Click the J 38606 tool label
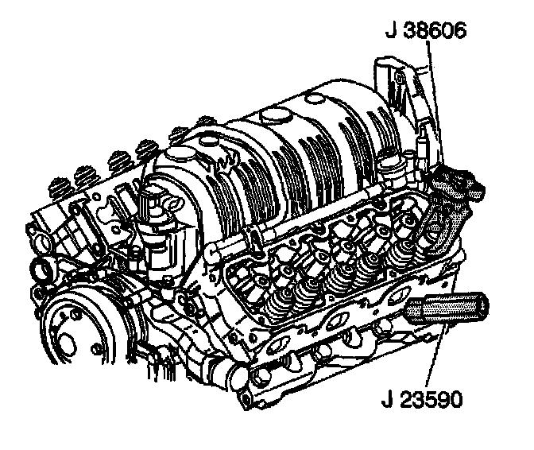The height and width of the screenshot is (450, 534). pos(426,31)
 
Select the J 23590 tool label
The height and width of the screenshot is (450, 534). pos(422,399)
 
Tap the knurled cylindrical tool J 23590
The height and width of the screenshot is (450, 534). pos(446,308)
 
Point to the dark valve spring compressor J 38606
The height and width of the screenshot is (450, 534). pos(456,184)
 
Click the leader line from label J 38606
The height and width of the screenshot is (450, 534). pos(435,103)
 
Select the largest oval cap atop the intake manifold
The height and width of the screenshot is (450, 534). pos(277,115)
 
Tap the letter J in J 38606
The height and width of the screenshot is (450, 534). pos(391,31)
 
